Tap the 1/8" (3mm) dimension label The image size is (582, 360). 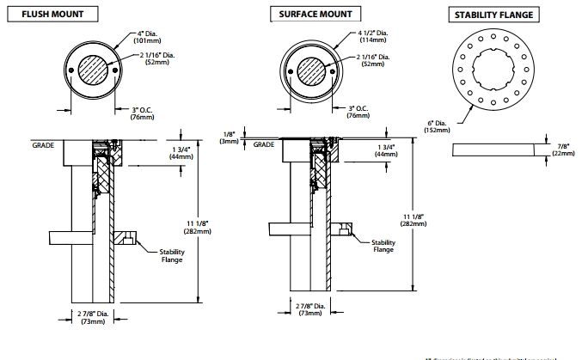click(x=228, y=137)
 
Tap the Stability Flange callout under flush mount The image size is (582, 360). click(x=171, y=255)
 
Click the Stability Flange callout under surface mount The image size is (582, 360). click(x=383, y=246)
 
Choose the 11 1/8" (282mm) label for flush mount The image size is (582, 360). click(x=216, y=228)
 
